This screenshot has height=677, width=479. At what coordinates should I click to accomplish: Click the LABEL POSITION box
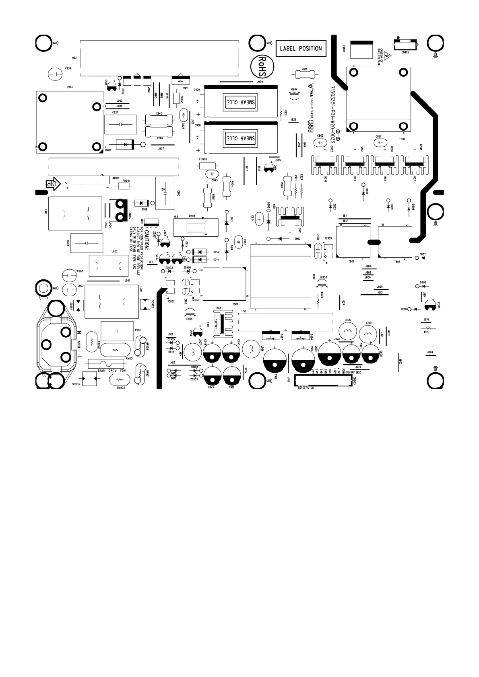(x=301, y=48)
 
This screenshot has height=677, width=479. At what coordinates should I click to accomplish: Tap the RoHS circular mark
(x=261, y=67)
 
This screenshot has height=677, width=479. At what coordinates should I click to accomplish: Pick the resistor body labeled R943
(x=159, y=119)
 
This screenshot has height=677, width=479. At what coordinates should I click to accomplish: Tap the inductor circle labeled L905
(x=348, y=331)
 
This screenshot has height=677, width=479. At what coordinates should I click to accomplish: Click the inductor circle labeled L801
(x=368, y=333)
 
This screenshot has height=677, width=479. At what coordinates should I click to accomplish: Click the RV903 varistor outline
(x=119, y=380)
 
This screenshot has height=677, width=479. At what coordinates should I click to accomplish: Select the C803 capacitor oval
(x=320, y=143)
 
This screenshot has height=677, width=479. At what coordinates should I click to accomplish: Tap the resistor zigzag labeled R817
(x=427, y=327)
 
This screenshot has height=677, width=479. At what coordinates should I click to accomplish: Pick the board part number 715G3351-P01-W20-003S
(x=332, y=113)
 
